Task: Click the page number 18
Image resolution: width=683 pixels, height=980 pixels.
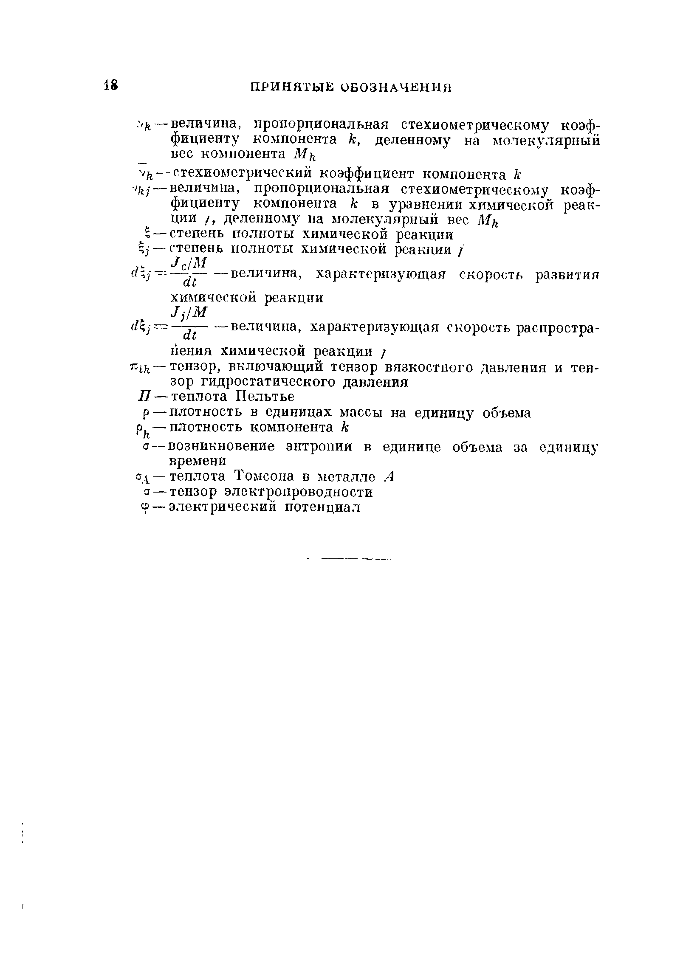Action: (110, 85)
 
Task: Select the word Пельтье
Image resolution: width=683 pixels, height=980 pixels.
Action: (265, 397)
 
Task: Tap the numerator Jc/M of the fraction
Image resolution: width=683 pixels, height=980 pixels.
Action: (188, 261)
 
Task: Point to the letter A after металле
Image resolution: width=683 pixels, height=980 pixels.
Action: (389, 476)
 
